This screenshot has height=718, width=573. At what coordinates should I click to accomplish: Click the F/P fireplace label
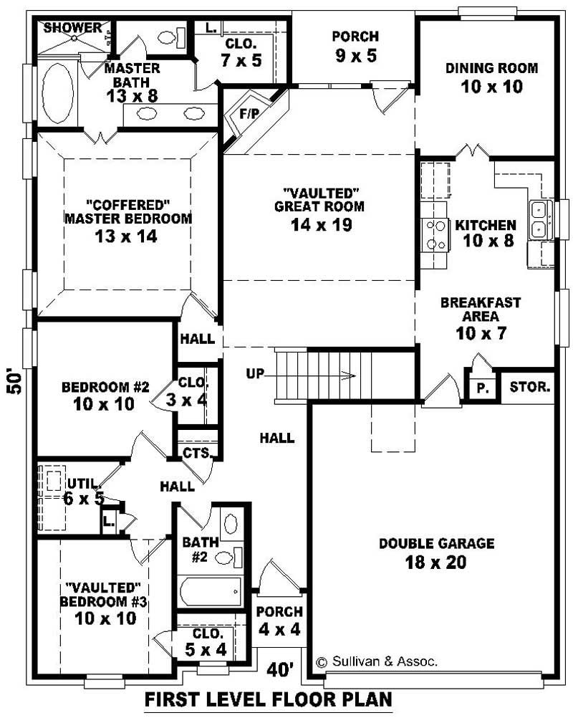248,113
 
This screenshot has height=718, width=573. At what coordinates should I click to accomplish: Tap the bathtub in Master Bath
58,92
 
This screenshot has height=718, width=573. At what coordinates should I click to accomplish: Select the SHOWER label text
73,28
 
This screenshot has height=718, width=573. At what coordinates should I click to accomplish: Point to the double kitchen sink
538,220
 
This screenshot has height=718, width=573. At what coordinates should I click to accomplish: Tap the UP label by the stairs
256,373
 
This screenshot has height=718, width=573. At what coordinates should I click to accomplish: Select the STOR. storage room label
530,387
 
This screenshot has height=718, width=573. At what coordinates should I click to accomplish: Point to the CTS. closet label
196,452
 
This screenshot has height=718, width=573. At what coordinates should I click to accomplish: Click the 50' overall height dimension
14,382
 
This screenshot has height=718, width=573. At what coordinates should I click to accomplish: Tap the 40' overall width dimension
280,669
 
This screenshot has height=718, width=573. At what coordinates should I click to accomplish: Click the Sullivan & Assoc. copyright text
376,662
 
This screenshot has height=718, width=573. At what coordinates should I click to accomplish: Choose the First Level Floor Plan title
269,699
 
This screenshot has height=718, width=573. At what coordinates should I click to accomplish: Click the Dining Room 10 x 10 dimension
492,87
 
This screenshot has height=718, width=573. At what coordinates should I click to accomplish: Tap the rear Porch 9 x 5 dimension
355,55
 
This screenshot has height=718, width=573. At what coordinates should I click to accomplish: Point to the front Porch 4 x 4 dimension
280,631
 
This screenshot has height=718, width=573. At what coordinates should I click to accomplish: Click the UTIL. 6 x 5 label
83,491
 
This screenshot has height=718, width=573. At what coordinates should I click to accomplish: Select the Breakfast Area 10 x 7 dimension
481,332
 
